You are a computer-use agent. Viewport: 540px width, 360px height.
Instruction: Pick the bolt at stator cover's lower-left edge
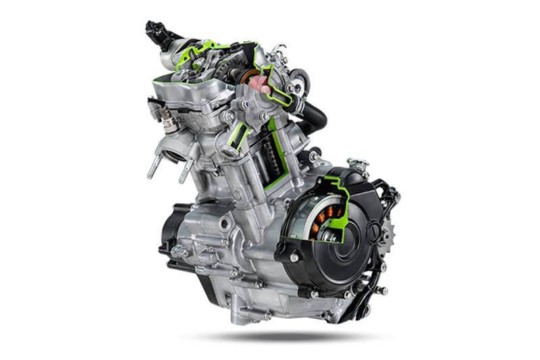[x=294, y=257]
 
